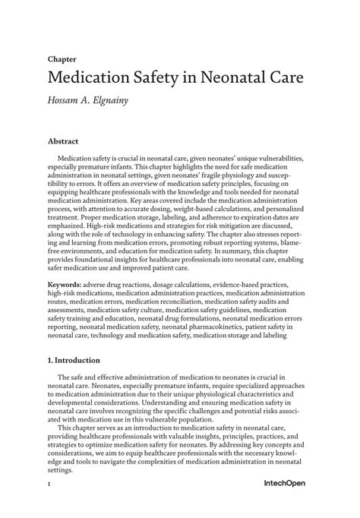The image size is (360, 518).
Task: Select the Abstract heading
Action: (x=63, y=141)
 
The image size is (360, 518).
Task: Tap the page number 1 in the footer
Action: (x=49, y=504)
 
